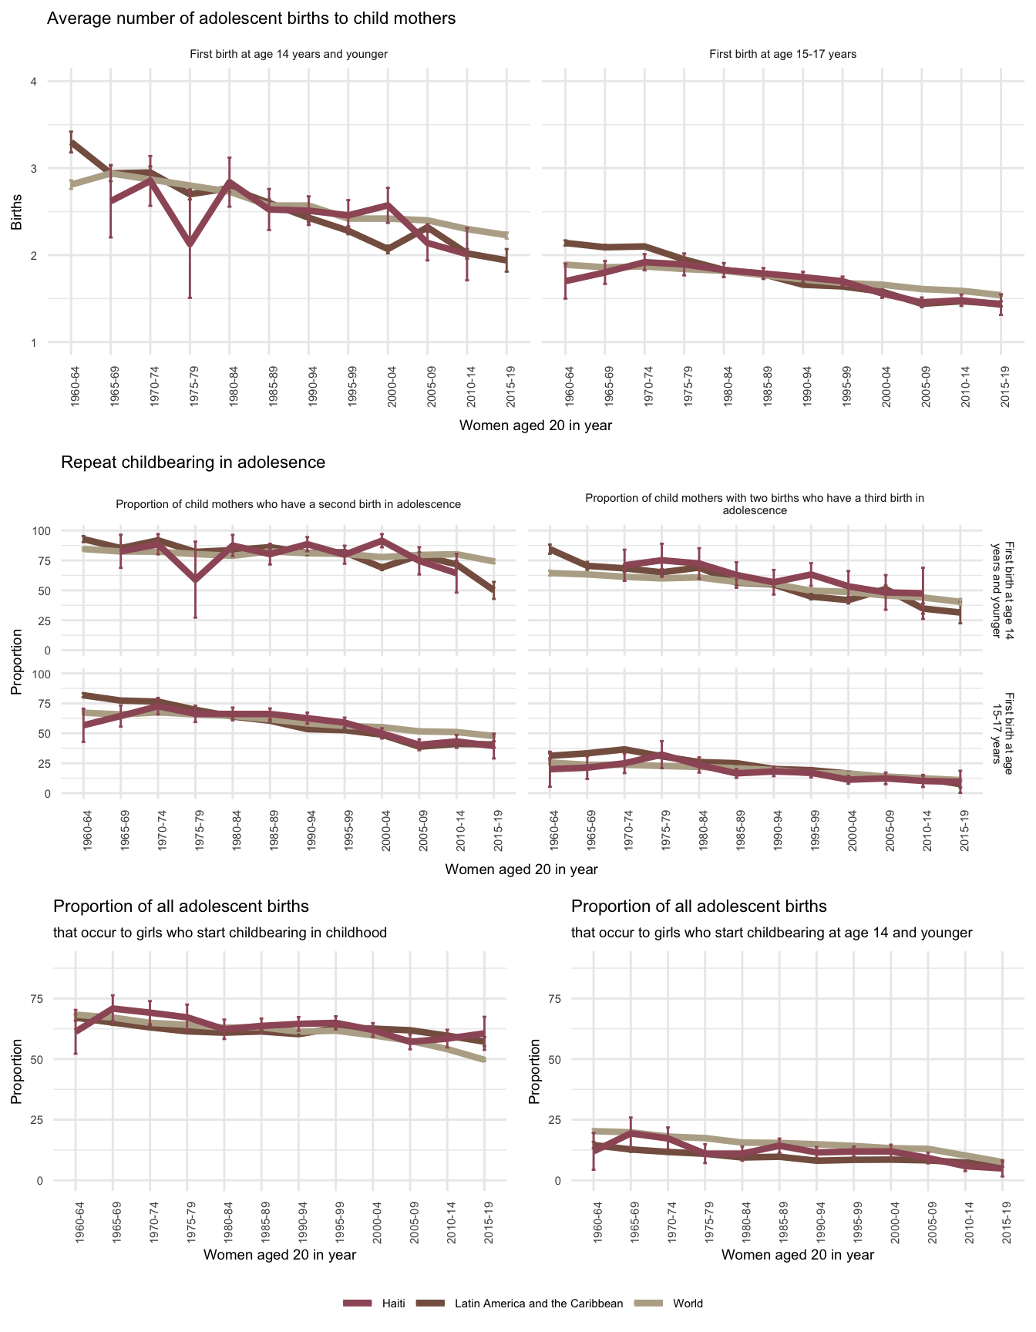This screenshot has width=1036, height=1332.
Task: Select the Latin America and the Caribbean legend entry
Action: click(x=538, y=1303)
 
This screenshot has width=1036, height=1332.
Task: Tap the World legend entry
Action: click(x=687, y=1303)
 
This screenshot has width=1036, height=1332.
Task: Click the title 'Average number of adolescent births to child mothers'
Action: click(x=251, y=18)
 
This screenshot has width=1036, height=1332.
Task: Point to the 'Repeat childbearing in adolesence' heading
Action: click(x=193, y=462)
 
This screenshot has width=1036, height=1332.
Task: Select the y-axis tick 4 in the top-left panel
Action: click(x=34, y=82)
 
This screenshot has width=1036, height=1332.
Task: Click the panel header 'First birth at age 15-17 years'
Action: click(x=782, y=54)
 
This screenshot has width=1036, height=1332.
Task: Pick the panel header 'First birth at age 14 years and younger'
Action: click(x=288, y=54)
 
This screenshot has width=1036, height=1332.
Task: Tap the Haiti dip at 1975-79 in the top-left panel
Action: click(x=190, y=244)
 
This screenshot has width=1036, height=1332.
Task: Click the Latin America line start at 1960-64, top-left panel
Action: click(x=71, y=143)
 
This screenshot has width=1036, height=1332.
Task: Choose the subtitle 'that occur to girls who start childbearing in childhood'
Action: click(x=220, y=933)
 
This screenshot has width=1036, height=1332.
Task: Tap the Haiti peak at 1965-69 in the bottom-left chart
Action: click(x=113, y=1007)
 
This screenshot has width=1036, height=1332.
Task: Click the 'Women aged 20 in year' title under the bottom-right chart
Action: click(x=798, y=1255)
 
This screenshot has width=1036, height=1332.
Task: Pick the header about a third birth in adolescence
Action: click(x=755, y=504)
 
